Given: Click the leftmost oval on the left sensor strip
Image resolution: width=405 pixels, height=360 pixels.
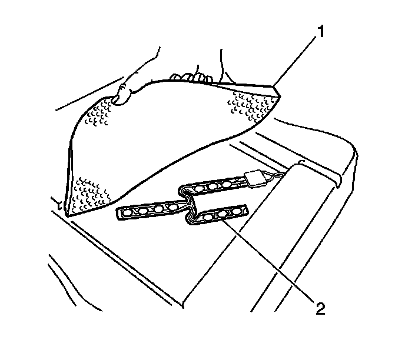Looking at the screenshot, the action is tap(128, 212).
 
